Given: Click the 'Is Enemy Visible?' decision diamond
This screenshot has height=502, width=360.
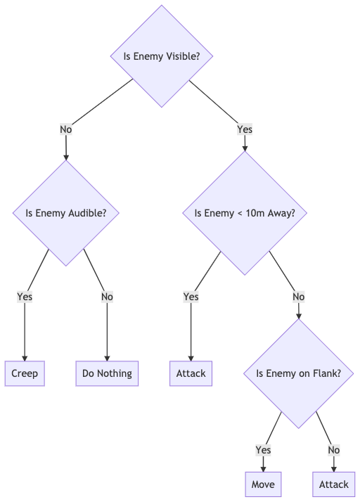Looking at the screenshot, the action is pos(162,56).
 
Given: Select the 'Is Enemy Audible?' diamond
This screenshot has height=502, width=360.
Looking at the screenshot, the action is pos(66,213).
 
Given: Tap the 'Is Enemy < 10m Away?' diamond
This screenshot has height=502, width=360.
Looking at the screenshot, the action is pos(245,213).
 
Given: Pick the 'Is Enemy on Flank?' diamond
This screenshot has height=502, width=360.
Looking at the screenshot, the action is pos(299,373).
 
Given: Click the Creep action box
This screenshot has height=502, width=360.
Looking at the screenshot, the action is pos(25,373).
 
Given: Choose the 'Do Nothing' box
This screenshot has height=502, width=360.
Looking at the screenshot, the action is pos(107,373).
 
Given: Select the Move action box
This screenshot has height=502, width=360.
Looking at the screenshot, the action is pos(263,484).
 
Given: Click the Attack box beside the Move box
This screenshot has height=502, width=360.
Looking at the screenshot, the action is pos(334,484).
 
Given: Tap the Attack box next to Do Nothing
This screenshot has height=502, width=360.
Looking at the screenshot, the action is pos(191,373).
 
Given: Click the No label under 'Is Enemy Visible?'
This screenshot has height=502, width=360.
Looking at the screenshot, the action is pos(66,129).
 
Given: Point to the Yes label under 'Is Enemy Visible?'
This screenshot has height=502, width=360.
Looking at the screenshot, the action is pos(245,129).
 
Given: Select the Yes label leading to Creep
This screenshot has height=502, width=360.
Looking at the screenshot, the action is pos(25,297).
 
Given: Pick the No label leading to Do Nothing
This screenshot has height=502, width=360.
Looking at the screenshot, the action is pos(107,297).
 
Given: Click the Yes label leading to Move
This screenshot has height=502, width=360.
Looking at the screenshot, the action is pos(263,450).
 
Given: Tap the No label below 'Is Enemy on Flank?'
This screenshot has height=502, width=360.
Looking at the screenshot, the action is pos(334,450).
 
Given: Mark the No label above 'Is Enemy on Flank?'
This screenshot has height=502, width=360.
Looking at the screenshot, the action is pos(299,297).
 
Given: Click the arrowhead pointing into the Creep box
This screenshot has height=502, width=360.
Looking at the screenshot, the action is pos(25,359).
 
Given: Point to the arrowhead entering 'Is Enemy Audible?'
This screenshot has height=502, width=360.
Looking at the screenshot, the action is pos(66,157).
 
